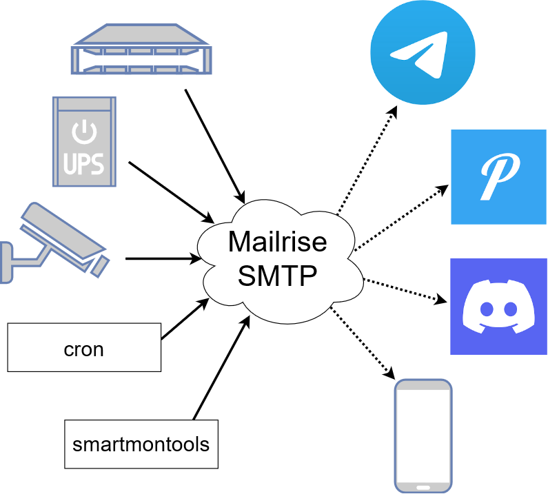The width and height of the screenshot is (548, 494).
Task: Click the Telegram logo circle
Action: tap(423, 54)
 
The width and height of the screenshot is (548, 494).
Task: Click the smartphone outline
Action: tap(423, 435)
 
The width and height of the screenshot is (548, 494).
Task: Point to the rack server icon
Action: tap(140, 50)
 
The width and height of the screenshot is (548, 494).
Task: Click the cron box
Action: tap(84, 349)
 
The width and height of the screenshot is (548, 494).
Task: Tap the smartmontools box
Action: tap(141, 444)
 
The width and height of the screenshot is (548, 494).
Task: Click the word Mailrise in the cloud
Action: tap(278, 243)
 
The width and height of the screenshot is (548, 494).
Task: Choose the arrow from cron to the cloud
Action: tap(185, 318)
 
